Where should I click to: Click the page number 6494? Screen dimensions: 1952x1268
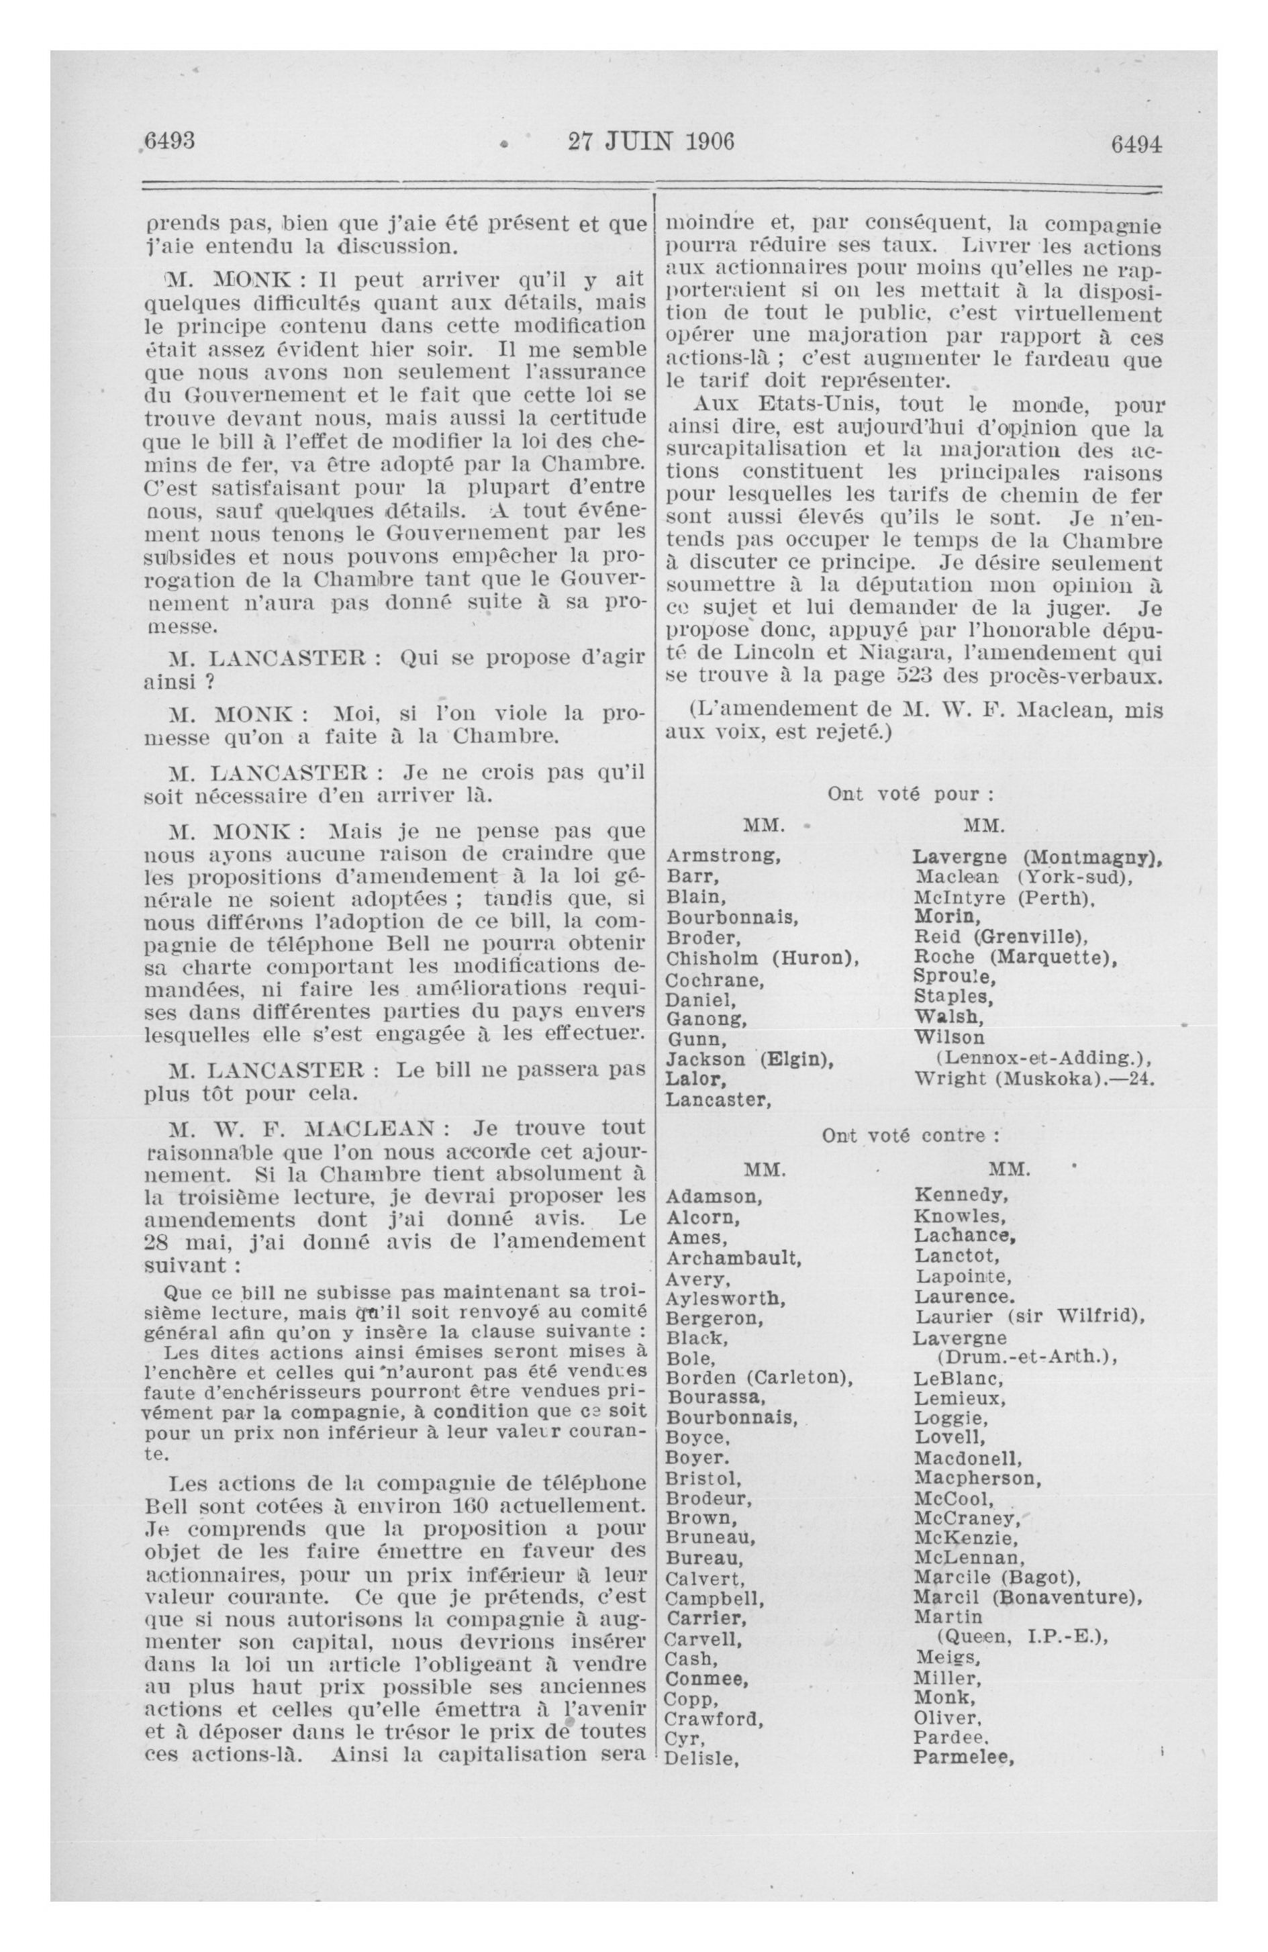coord(1135,144)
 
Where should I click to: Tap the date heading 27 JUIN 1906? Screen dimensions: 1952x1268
coord(650,142)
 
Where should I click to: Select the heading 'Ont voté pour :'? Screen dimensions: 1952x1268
coord(910,793)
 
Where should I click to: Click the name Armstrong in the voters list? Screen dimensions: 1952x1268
coord(722,855)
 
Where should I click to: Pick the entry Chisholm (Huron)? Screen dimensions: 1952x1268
coord(762,958)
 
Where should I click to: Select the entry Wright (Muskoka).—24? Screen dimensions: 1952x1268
coord(1034,1078)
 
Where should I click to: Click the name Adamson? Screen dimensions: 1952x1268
coord(714,1195)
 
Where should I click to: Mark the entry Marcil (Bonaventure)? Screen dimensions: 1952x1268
coord(1028,1597)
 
